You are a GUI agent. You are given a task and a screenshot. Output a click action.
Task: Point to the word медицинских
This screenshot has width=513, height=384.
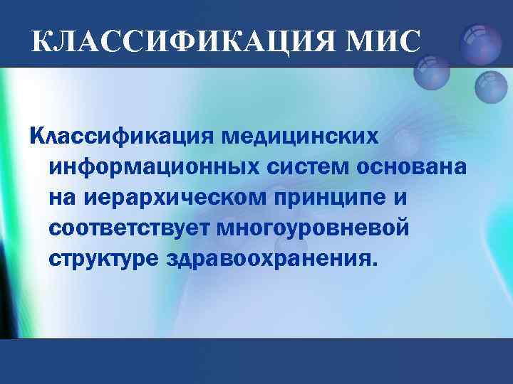point(298,134)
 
